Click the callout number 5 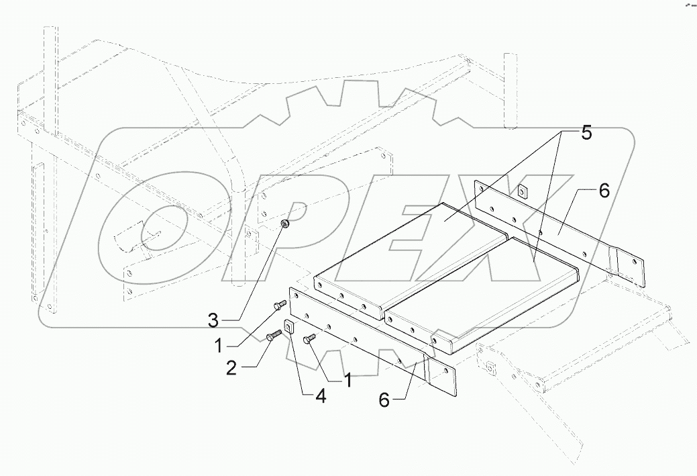[586, 133]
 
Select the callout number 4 [320, 397]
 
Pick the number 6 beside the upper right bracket [604, 191]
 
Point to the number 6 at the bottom [384, 400]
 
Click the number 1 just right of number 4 [348, 381]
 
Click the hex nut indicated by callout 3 [284, 224]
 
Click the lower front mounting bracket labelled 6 [362, 336]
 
